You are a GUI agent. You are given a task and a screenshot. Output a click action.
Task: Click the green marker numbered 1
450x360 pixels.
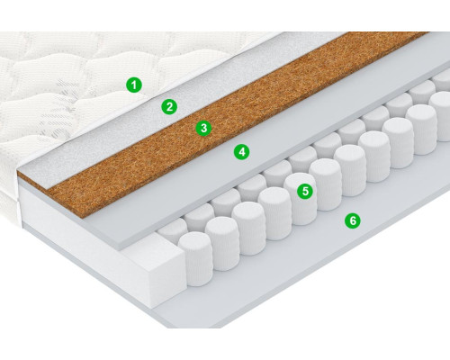pyautogui.click(x=134, y=85)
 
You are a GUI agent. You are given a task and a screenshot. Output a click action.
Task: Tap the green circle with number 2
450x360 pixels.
pyautogui.click(x=169, y=106)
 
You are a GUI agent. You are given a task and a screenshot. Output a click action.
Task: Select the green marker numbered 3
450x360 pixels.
pyautogui.click(x=203, y=128)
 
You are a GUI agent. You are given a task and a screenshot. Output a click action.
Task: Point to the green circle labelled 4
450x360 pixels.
pyautogui.click(x=242, y=152)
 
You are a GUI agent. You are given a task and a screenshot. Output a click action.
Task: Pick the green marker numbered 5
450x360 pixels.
pyautogui.click(x=305, y=191)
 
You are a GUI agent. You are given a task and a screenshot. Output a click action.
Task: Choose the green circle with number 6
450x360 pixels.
pyautogui.click(x=353, y=220)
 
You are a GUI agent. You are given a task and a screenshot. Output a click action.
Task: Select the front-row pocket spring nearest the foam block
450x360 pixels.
pyautogui.click(x=195, y=258)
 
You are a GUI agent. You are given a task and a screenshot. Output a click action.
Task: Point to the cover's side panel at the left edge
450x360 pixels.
pyautogui.click(x=9, y=192)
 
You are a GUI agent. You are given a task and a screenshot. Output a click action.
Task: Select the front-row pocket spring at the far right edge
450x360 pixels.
pyautogui.click(x=441, y=115)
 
